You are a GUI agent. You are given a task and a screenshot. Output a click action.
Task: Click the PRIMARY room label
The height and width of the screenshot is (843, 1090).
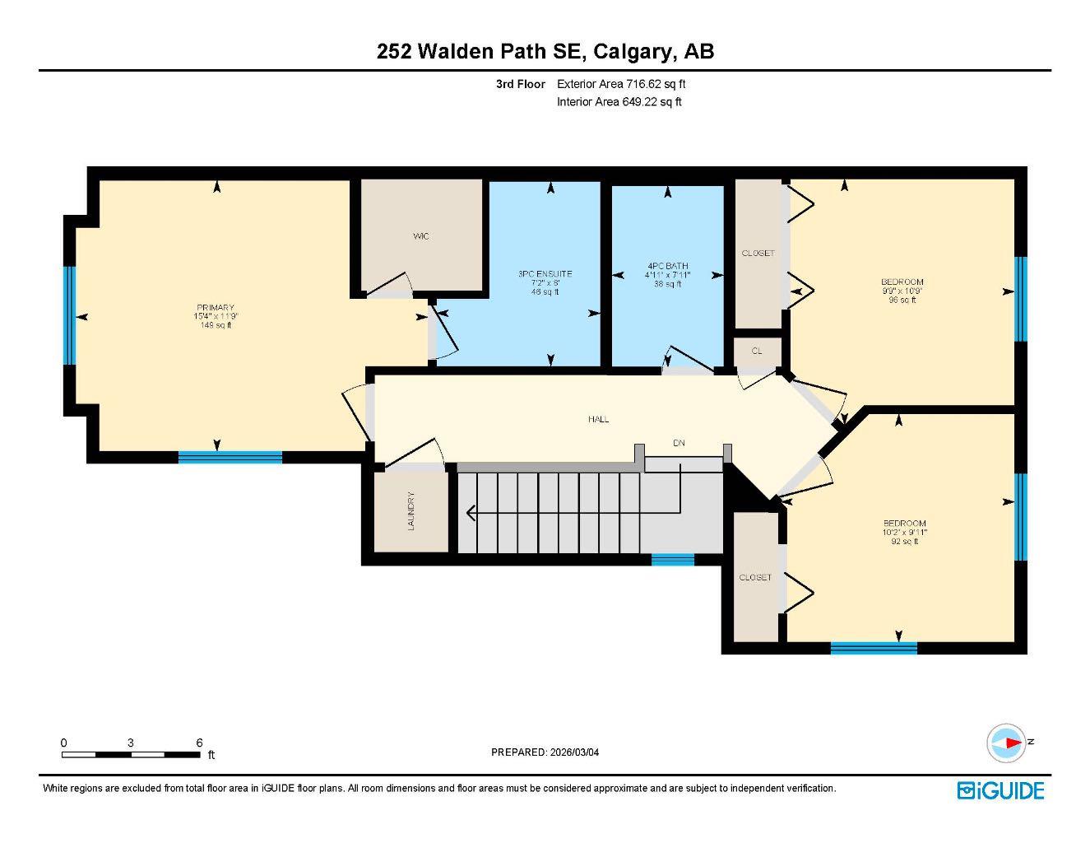[216, 308]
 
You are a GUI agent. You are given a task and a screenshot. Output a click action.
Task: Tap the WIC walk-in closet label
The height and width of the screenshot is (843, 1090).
[421, 236]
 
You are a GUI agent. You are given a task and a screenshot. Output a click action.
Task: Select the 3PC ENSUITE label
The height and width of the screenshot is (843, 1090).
[545, 274]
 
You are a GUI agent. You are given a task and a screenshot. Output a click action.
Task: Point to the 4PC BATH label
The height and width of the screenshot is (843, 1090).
[667, 266]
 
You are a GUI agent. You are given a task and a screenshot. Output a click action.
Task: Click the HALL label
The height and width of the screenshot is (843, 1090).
[598, 419]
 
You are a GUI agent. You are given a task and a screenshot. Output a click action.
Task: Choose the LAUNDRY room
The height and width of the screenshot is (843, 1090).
[410, 511]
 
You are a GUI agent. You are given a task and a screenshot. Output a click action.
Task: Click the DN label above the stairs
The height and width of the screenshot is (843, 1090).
[679, 443]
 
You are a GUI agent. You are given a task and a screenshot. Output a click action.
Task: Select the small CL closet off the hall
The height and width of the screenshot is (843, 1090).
[757, 351]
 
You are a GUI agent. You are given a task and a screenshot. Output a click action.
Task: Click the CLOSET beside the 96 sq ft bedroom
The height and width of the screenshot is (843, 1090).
[758, 254]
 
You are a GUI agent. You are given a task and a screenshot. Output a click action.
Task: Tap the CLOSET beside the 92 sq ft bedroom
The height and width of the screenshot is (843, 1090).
[755, 577]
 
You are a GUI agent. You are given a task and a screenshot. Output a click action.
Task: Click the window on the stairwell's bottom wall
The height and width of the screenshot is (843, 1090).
[673, 560]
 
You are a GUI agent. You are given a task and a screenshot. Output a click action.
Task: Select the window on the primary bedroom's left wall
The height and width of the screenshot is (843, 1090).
[70, 315]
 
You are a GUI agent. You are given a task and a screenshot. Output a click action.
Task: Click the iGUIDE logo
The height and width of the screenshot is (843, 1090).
[1000, 790]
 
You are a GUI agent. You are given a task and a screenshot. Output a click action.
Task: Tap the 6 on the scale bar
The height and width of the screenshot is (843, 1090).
[199, 743]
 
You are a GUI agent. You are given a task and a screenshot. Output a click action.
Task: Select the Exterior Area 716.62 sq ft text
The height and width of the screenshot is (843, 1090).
[621, 84]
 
